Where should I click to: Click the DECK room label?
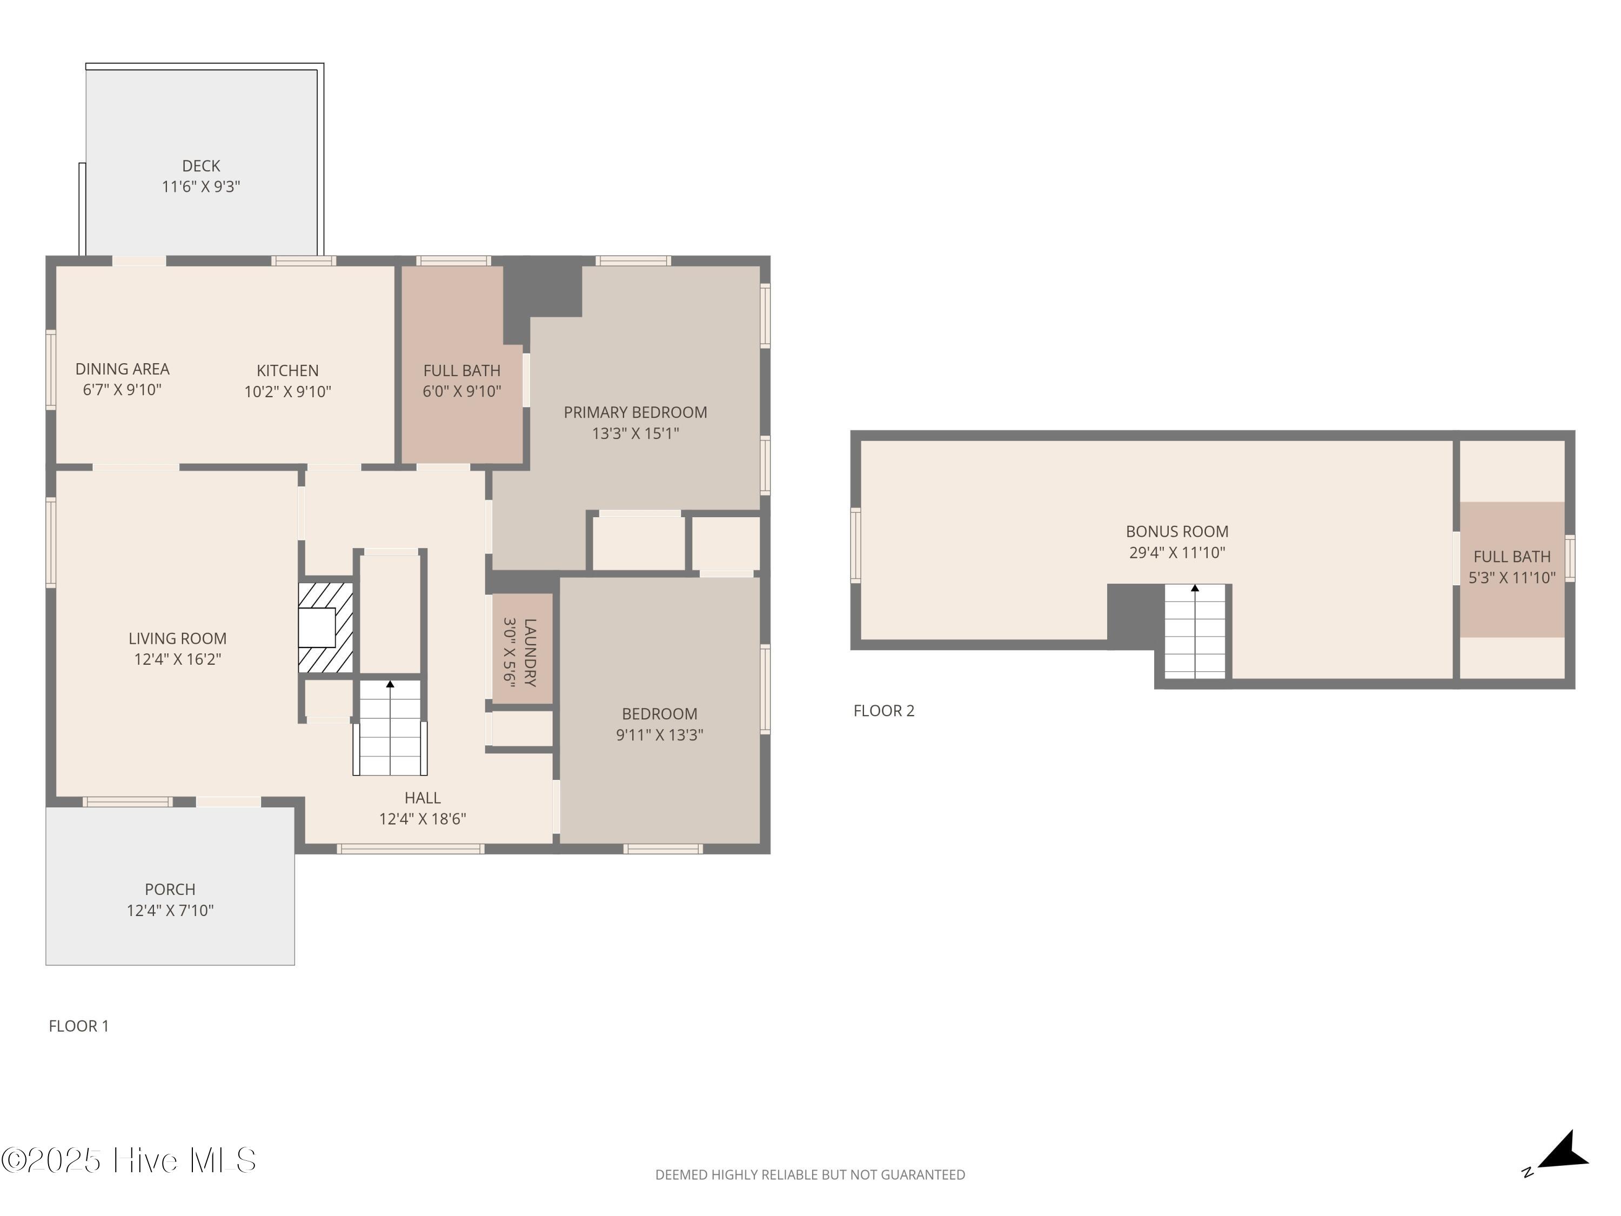[201, 166]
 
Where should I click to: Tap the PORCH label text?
[170, 889]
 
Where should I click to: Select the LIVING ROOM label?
[177, 638]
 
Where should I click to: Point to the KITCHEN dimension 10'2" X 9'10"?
[287, 391]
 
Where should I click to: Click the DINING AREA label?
[122, 369]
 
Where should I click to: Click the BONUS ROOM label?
[1177, 531]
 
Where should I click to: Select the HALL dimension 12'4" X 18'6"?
[423, 819]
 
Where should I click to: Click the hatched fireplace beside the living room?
[325, 627]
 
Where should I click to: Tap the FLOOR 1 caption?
[78, 1026]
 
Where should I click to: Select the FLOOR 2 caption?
[884, 711]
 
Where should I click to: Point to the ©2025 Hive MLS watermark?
[129, 1160]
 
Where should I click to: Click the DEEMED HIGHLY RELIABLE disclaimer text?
[810, 1175]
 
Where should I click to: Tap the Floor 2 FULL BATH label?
[1512, 557]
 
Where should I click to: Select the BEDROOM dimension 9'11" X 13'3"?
[660, 734]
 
